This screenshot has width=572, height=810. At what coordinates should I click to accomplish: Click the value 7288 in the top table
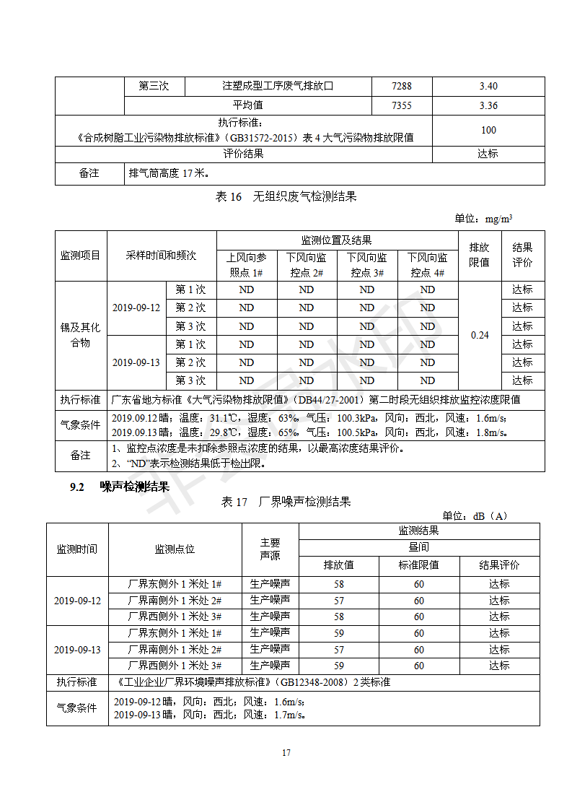pos(402,86)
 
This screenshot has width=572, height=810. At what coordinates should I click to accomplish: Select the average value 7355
pos(402,105)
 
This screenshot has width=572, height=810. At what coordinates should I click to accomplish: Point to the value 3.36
pos(488,105)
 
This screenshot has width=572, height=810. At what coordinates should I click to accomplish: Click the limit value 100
pos(488,130)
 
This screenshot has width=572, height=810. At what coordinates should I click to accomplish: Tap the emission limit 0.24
pos(480,335)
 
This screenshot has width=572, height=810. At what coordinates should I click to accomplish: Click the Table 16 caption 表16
pos(229,196)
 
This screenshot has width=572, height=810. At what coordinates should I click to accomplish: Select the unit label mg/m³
pos(499,218)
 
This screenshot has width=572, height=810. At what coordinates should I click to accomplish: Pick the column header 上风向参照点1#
pos(246,265)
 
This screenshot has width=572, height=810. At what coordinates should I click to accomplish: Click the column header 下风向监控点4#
pos(428,265)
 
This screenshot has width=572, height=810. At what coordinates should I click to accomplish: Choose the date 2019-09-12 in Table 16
pos(136,308)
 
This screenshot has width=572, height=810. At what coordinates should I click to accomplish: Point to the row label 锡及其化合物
pos(80,335)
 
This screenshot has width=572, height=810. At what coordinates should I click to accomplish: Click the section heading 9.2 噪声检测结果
pos(120,487)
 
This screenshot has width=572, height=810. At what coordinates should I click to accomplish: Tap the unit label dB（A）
pos(490,515)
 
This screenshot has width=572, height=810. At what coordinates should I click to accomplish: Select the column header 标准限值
pos(418,565)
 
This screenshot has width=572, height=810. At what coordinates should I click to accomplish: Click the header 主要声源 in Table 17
pos(270,549)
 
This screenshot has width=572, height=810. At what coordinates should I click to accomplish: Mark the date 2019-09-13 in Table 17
pos(77,649)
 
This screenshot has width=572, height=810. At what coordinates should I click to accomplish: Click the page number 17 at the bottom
pos(286,753)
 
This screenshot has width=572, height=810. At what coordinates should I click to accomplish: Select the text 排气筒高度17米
pos(168,173)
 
